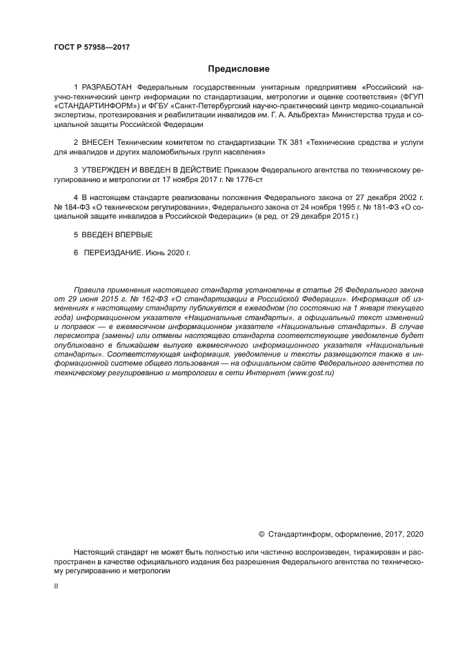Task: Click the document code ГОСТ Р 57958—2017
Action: pos(92,47)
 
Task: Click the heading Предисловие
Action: pos(238,69)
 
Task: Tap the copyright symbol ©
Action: pos(261,533)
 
